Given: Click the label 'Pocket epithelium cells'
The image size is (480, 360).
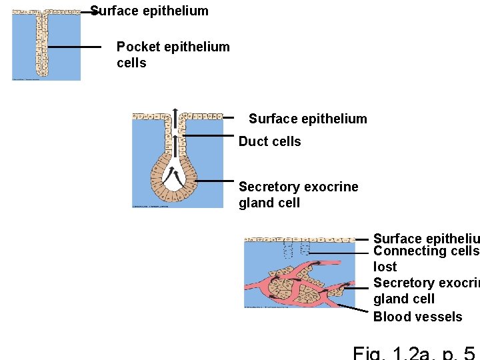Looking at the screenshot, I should pos(173,55).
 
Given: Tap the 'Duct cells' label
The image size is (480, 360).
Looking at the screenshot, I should pos(269,141).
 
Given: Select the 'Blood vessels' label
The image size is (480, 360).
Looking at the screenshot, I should pos(417,317).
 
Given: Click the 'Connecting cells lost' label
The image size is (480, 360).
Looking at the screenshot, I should pos(425,259).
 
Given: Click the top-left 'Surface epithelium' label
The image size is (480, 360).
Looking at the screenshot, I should pos(149,11).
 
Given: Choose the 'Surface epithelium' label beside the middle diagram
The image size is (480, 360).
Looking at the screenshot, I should pos(307,119).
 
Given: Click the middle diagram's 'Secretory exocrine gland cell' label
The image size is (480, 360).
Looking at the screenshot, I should pos(298,195).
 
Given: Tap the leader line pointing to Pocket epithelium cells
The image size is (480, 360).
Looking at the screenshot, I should pos(74,47).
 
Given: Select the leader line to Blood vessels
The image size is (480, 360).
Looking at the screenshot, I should pos(353,311).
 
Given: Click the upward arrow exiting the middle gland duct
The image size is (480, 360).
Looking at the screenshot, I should pos(175,113).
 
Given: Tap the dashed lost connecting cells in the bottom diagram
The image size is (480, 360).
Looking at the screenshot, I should pos(297,251).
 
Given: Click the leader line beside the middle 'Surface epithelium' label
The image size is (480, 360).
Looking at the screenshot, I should pos(229,118).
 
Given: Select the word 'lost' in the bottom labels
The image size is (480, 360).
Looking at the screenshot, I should pos(385,267).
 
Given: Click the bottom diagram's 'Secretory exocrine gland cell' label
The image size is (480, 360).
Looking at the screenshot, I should pos(425,291).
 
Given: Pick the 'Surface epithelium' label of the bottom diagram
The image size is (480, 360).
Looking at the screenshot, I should pos(425,239).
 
